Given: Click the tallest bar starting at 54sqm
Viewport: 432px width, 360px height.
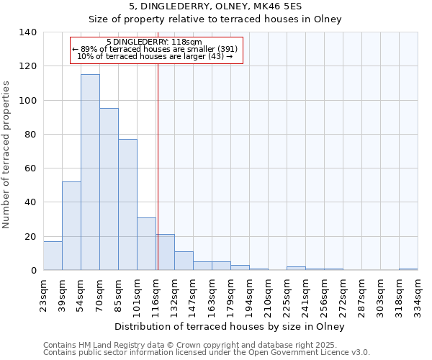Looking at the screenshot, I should point(90,173).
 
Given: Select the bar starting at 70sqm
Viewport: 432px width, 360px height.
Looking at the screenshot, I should point(109,189).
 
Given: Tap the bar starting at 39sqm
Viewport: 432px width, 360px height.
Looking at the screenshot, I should point(71,226).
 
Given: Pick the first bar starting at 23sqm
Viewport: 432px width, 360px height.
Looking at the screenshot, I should point(53,256).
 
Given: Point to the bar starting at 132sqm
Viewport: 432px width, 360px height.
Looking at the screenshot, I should point(184,261).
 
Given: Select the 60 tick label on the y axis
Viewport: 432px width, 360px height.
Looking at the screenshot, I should point(31,168).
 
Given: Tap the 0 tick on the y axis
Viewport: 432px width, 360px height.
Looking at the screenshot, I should point(34,271).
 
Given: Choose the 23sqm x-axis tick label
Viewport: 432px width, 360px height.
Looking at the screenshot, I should point(43,294).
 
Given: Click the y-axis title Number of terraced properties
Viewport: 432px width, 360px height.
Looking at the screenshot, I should point(7,154).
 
